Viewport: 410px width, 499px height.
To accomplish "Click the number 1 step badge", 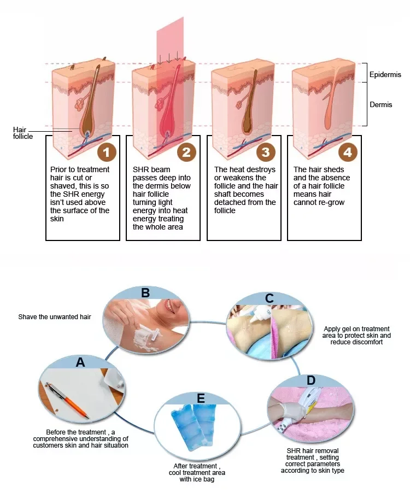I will [x=107, y=151].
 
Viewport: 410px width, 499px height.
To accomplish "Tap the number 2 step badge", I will [x=186, y=151].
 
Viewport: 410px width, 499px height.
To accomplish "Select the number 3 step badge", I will [x=266, y=151].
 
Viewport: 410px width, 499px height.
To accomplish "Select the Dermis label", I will [x=380, y=104].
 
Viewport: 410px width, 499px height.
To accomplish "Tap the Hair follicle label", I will [x=22, y=133].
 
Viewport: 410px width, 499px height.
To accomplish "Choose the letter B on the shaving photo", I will [x=145, y=292].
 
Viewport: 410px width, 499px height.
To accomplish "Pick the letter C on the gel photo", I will [x=269, y=298].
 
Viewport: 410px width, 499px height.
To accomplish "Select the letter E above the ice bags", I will [x=201, y=398].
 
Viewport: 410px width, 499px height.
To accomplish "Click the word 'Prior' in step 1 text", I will [x=58, y=170].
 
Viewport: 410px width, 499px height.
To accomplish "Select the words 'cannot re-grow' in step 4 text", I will [x=319, y=202].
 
